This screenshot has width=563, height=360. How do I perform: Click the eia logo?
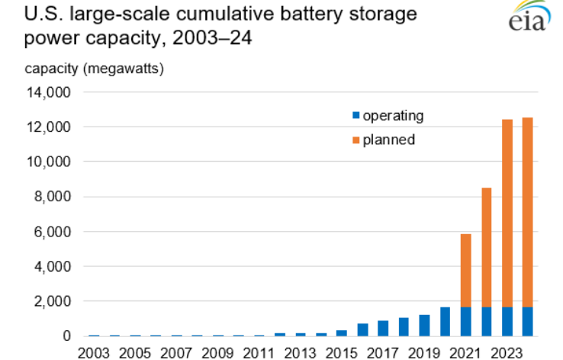click(x=527, y=18)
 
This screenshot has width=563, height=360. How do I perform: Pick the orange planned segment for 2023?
click(x=507, y=214)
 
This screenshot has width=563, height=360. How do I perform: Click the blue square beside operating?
click(x=355, y=116)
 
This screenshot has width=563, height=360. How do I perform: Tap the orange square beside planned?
click(x=355, y=140)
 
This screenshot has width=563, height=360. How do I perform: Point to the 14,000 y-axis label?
click(x=49, y=92)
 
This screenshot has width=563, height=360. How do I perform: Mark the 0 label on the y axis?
click(x=66, y=336)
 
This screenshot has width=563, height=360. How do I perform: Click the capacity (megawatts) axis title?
click(x=94, y=69)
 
